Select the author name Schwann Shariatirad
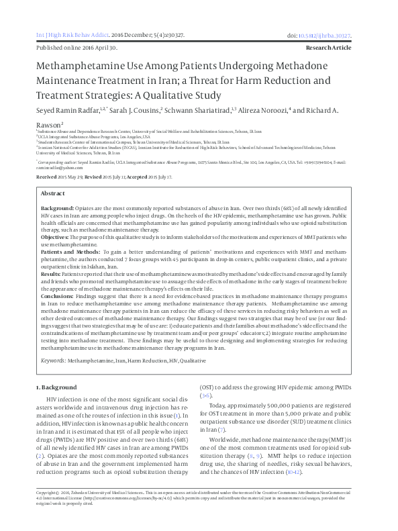[196, 109]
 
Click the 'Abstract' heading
[53, 193]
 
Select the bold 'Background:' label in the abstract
[58, 209]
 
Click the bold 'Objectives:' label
[55, 237]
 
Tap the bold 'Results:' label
[51, 273]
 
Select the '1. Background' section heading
[56, 388]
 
